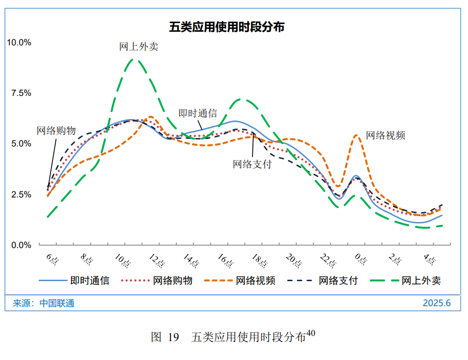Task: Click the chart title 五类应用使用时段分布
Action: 226,27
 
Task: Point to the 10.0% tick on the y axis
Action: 19,43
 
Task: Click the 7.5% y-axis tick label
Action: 21,93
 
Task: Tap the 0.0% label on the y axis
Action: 21,245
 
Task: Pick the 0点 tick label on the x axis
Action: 361,259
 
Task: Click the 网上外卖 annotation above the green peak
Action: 139,46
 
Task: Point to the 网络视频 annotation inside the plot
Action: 386,135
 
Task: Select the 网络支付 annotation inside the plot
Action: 252,164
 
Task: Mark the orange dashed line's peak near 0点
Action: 358,135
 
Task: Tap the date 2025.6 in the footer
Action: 436,303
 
